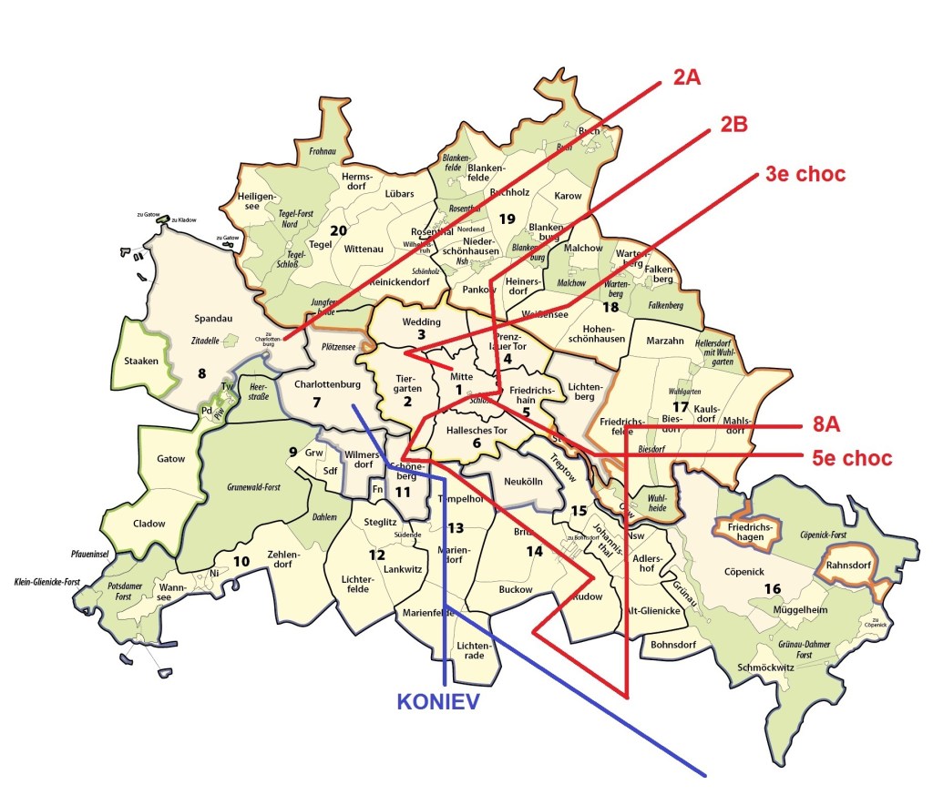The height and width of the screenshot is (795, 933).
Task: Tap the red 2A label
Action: [686, 78]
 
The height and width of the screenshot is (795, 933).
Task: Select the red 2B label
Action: [733, 125]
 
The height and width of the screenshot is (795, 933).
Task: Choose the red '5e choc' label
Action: [852, 457]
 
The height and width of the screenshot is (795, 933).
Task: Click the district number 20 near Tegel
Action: [338, 230]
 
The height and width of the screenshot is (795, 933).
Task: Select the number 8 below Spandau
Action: [201, 372]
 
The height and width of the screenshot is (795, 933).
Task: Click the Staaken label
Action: [141, 362]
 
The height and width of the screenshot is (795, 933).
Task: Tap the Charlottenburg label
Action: [328, 384]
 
